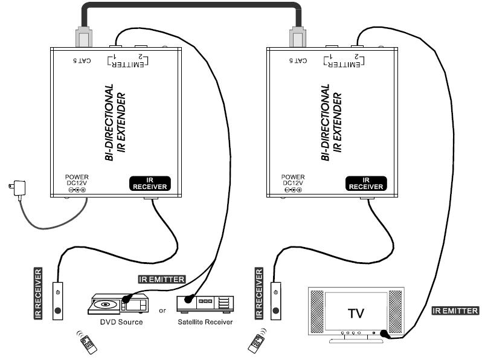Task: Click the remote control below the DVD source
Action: pos(88,342)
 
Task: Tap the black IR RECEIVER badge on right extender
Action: pos(366,183)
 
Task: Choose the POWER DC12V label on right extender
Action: pos(294,182)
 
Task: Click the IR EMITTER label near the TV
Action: pos(455,310)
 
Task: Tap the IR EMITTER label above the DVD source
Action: pos(162,278)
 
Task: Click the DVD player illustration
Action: pos(118,303)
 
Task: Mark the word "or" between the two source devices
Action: pos(162,311)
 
